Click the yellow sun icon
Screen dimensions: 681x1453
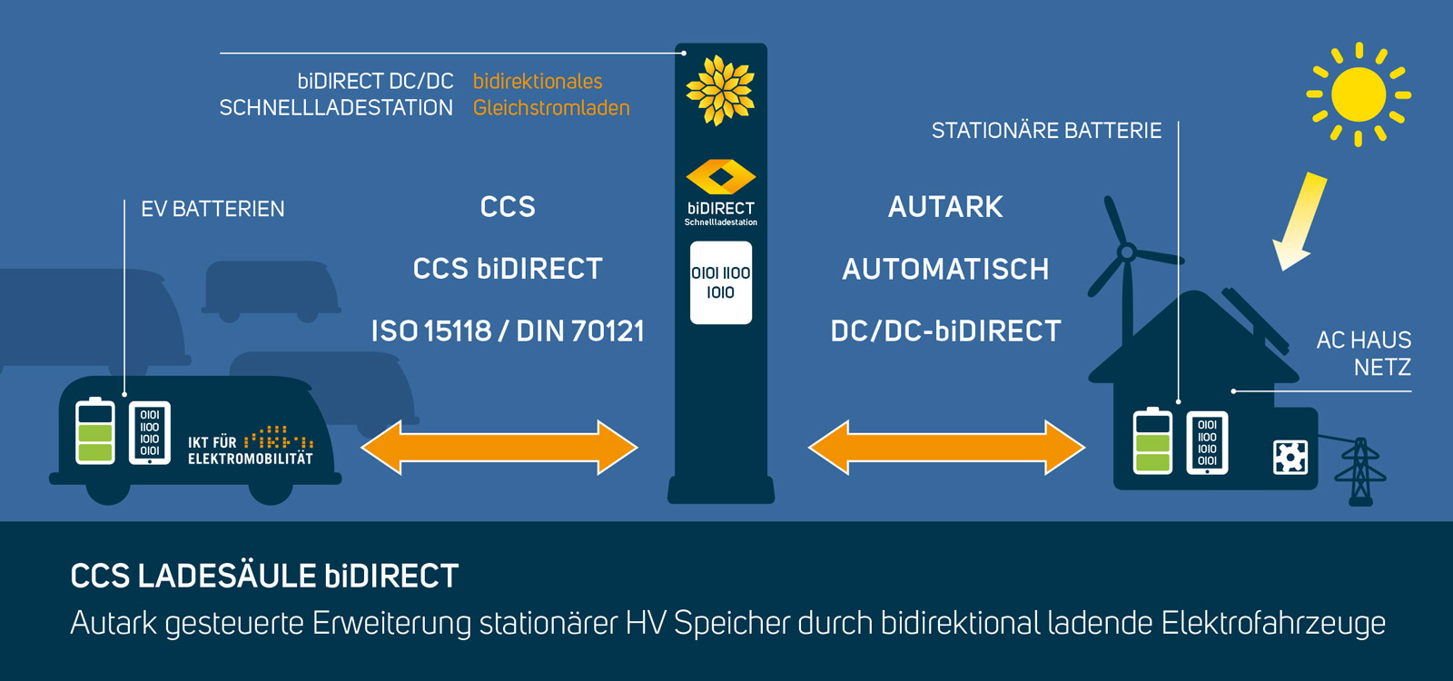click(1358, 94)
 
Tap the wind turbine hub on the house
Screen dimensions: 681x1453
click(1127, 252)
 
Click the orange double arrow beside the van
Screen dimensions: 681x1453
click(499, 447)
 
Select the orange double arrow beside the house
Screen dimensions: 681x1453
click(946, 447)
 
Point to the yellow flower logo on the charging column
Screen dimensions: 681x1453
click(720, 90)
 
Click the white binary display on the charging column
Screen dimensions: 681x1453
click(721, 282)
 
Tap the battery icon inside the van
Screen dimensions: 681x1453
click(95, 431)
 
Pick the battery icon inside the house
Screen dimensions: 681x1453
click(1152, 441)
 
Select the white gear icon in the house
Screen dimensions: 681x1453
click(1290, 457)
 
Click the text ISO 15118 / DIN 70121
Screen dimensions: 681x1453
click(508, 331)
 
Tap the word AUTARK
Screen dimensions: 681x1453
click(945, 207)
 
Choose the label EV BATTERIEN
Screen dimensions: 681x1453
click(213, 209)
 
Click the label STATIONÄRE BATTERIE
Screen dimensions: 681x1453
click(1046, 131)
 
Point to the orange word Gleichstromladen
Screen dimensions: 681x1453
click(551, 108)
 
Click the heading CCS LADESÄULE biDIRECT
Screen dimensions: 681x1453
click(264, 576)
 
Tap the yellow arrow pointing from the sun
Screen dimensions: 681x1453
click(1300, 221)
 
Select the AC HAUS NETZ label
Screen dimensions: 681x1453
click(1364, 353)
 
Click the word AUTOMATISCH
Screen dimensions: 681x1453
click(945, 269)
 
